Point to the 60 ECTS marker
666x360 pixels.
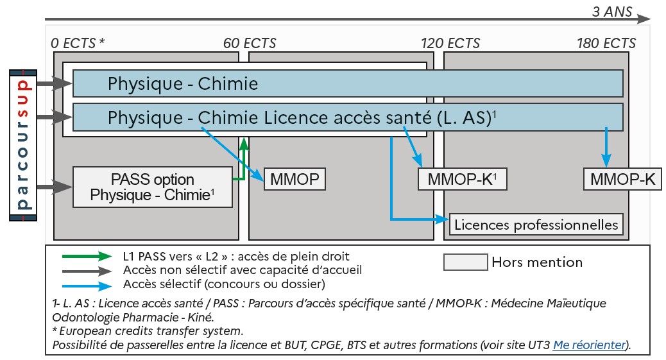[x=250, y=44]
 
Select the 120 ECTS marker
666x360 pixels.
[x=450, y=44]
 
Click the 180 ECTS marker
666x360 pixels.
[x=606, y=44]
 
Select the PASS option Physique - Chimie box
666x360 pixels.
[x=151, y=187]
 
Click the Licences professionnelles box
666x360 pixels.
[x=536, y=225]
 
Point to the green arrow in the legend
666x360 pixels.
[x=88, y=257]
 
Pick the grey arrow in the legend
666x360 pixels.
[x=88, y=270]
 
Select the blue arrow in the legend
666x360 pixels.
[x=88, y=284]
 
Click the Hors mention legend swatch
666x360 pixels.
[x=465, y=262]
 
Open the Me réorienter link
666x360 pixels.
[x=589, y=345]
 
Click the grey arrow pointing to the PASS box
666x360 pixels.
[x=55, y=187]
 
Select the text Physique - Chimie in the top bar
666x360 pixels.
[x=183, y=83]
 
